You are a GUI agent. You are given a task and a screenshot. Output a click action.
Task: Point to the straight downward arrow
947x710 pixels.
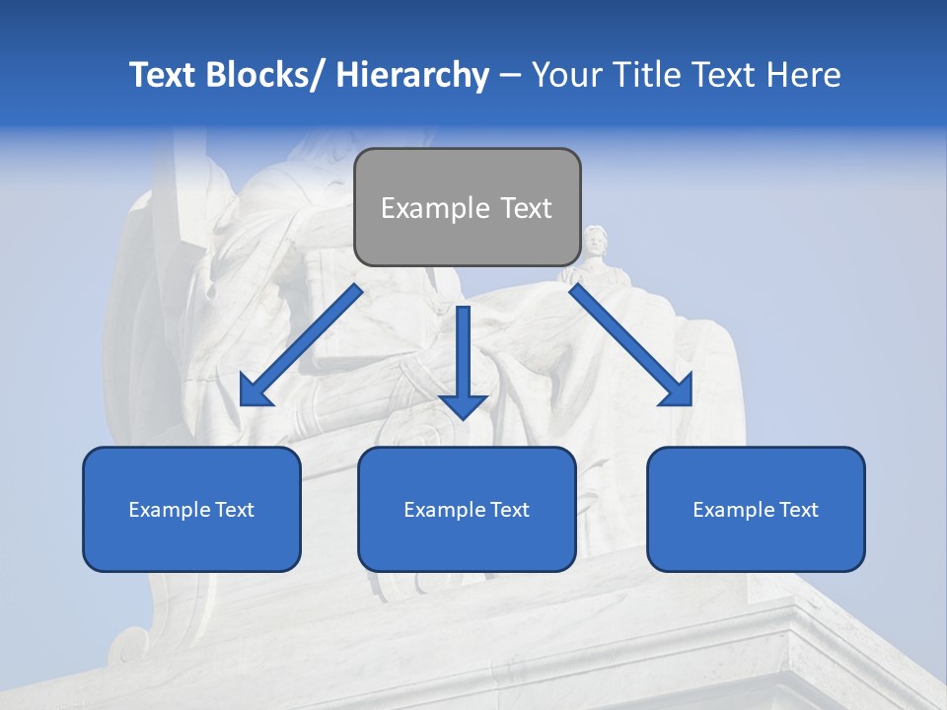click(x=463, y=360)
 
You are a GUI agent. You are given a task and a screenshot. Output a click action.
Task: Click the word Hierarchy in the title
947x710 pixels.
click(x=412, y=75)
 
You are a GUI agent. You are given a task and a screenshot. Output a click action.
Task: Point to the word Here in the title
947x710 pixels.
click(x=804, y=75)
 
